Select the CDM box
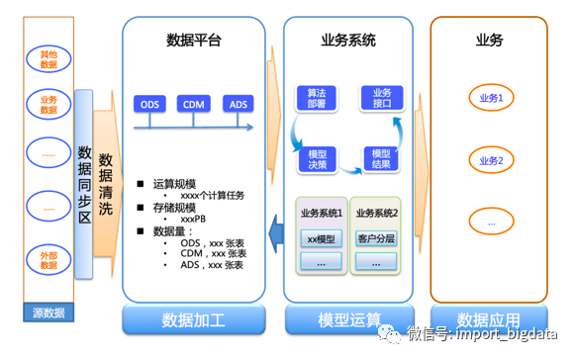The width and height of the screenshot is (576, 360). (x=195, y=104)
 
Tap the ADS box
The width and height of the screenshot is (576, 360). (x=239, y=104)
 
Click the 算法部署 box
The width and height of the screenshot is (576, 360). (x=312, y=97)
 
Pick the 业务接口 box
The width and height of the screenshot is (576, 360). (x=379, y=97)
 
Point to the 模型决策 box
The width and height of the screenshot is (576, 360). (x=319, y=158)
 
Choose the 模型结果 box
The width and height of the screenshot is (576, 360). (x=381, y=158)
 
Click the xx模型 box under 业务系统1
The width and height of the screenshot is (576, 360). (x=321, y=237)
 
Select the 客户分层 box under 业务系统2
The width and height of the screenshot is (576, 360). (x=376, y=237)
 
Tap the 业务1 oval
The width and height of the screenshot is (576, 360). (x=492, y=99)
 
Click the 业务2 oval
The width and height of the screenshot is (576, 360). (x=492, y=160)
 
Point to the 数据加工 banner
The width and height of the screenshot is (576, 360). (x=195, y=320)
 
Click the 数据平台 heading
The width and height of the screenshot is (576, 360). (x=195, y=41)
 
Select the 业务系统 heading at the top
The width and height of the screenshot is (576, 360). (x=348, y=41)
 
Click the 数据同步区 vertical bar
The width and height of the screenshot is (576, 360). (x=84, y=183)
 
